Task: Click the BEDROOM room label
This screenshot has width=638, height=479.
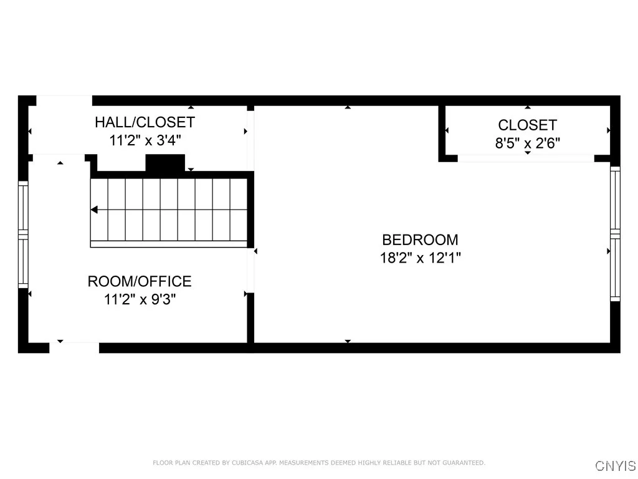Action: (x=420, y=239)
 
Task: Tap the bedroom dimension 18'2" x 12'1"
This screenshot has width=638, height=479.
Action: (x=420, y=257)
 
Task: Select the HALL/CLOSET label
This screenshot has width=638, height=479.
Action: (x=145, y=122)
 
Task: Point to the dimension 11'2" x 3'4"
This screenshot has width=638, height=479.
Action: (x=145, y=140)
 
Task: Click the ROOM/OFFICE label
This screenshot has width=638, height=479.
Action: (x=140, y=281)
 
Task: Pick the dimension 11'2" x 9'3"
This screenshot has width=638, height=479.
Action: (x=140, y=299)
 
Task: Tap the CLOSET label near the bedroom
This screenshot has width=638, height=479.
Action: (x=527, y=125)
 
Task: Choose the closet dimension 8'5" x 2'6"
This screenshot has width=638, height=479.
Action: (x=527, y=143)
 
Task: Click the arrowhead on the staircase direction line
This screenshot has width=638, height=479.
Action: (x=94, y=210)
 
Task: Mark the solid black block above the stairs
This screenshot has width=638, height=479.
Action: (x=165, y=162)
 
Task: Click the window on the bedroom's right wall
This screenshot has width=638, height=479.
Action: (x=615, y=234)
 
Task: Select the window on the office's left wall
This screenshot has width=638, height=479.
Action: (x=24, y=234)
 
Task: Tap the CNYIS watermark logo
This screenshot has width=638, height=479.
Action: (x=616, y=465)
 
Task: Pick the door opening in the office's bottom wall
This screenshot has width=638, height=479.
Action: (x=74, y=347)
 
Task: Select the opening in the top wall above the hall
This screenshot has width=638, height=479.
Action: (x=64, y=100)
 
